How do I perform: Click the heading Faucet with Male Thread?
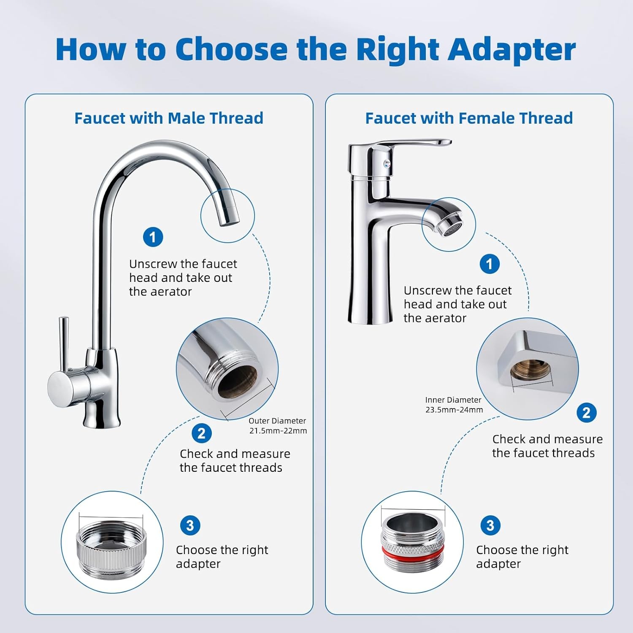pyautogui.click(x=169, y=118)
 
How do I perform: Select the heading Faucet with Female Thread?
pyautogui.click(x=469, y=118)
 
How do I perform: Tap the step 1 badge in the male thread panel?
pyautogui.click(x=153, y=237)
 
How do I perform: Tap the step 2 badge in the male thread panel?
pyautogui.click(x=201, y=433)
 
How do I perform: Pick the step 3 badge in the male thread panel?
pyautogui.click(x=190, y=525)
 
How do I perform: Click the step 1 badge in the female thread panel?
pyautogui.click(x=490, y=264)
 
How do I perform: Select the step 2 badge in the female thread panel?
pyautogui.click(x=587, y=413)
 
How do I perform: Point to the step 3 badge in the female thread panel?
pyautogui.click(x=490, y=525)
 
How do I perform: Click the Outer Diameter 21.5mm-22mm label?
pyautogui.click(x=278, y=426)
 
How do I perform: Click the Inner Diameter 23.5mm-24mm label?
pyautogui.click(x=454, y=405)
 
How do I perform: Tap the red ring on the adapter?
pyautogui.click(x=413, y=550)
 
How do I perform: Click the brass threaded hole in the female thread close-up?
pyautogui.click(x=530, y=371)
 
